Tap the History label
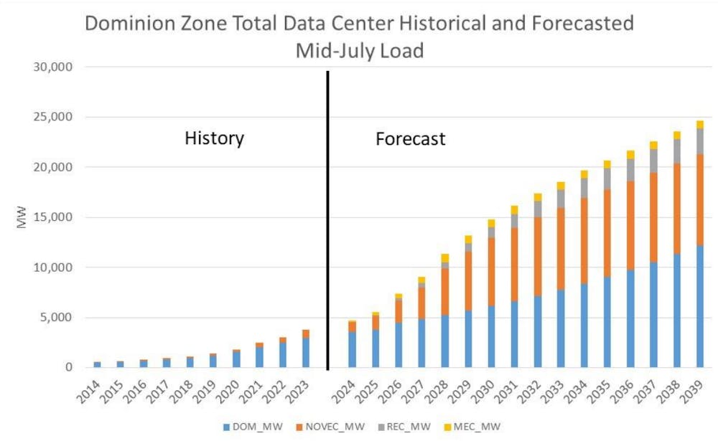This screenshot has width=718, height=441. point(214,138)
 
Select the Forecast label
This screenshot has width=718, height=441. point(411,138)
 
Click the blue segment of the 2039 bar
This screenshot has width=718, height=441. point(700,308)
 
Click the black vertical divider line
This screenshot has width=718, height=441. point(327,215)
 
